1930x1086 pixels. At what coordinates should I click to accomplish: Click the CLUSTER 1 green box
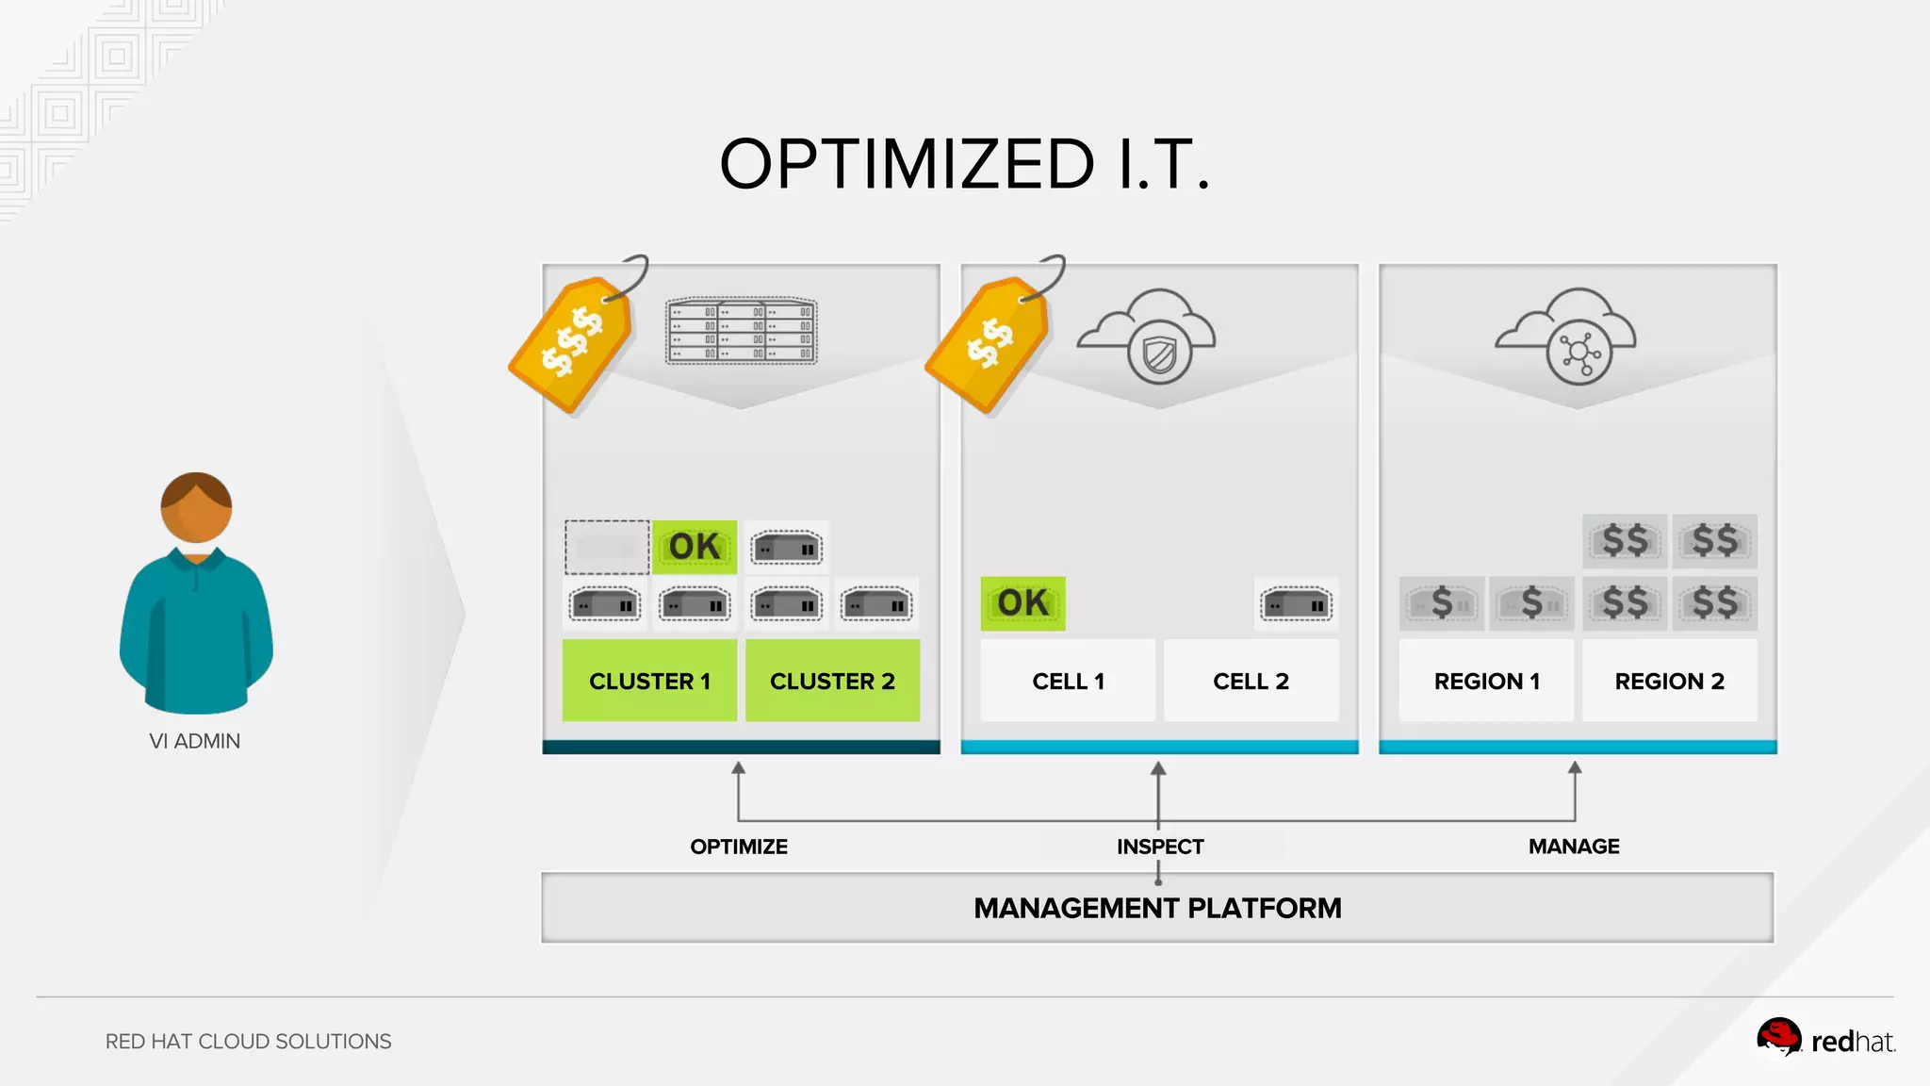[x=649, y=681]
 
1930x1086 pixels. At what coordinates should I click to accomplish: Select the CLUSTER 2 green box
[x=832, y=681]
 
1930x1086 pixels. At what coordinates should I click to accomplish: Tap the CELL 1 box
[x=1068, y=681]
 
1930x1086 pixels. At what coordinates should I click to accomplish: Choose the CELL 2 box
[x=1251, y=681]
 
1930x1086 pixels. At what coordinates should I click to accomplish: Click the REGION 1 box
[x=1486, y=681]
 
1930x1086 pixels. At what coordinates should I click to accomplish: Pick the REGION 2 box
[x=1669, y=681]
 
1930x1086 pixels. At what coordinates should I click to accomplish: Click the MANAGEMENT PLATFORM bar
[x=1157, y=908]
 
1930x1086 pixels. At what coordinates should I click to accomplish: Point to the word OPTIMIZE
[x=739, y=847]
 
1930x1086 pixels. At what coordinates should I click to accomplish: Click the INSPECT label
[x=1160, y=847]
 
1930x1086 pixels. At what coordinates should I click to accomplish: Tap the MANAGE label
[x=1574, y=847]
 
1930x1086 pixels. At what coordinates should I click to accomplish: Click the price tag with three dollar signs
[x=570, y=342]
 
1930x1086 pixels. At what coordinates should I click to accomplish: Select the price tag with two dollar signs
[x=988, y=342]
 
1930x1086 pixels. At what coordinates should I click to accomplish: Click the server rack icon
[x=742, y=331]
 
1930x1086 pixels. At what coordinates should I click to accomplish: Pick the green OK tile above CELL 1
[x=1022, y=603]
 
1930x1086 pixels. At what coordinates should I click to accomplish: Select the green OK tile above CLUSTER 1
[x=695, y=547]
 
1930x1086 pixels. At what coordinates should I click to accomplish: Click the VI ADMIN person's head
[x=196, y=507]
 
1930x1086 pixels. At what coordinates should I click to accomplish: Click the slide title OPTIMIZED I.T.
[x=964, y=164]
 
